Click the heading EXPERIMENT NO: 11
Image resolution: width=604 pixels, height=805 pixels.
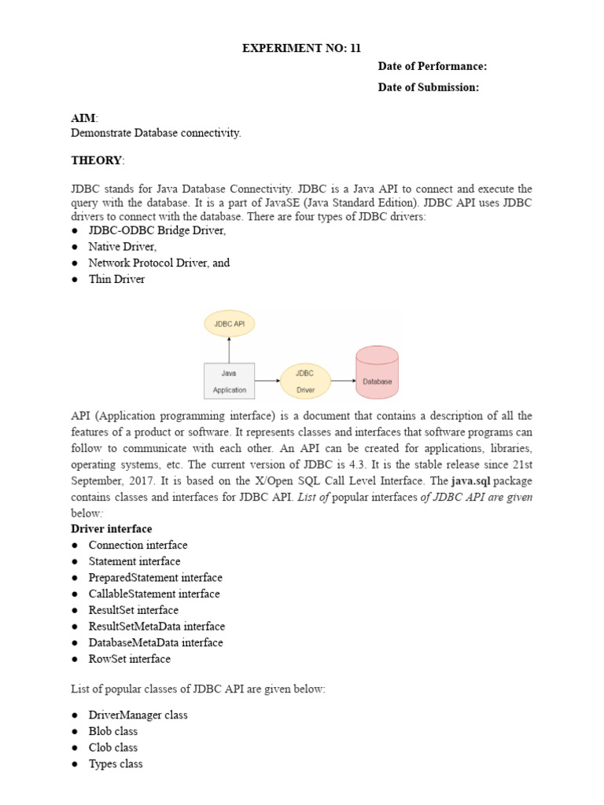coord(301,49)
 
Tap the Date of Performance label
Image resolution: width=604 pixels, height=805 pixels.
coord(433,67)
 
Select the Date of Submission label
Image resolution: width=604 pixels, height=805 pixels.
coord(428,87)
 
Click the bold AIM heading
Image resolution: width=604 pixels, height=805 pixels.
coord(83,117)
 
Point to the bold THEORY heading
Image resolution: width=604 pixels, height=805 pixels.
coord(97,160)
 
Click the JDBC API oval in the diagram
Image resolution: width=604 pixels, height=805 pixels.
coord(229,322)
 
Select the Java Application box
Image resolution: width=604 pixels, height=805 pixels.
coord(229,380)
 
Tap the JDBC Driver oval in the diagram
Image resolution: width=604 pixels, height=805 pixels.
coord(305,380)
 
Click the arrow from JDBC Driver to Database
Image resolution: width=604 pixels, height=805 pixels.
coord(343,380)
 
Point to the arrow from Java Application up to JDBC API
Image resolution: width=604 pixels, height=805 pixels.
coord(229,349)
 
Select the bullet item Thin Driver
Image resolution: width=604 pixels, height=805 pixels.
coord(116,279)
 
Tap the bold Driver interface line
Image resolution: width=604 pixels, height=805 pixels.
coord(112,529)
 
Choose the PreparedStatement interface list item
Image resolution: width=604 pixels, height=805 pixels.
coord(155,578)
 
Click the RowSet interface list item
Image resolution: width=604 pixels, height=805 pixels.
coord(129,659)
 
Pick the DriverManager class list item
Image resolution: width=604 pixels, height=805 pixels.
coord(138,715)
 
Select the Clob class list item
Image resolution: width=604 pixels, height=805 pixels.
coord(112,748)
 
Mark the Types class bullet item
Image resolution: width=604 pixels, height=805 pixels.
coord(116,764)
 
